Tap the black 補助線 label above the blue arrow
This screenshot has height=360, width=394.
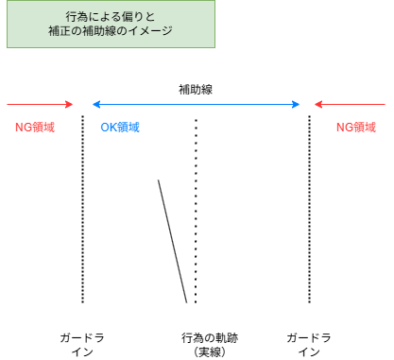point(196,89)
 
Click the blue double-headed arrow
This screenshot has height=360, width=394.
point(196,105)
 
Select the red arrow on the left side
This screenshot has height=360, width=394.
point(40,105)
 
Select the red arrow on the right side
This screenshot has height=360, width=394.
point(351,105)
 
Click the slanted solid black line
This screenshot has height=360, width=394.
point(173,241)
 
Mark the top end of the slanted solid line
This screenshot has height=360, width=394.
point(160,180)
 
